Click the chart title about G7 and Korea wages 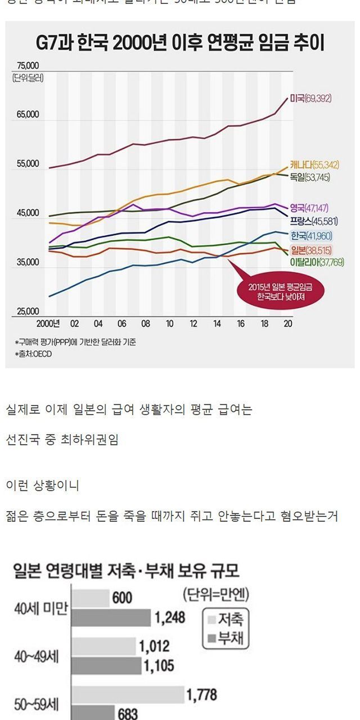coord(180,43)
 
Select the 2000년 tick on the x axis coord(48,324)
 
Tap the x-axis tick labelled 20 coord(287,324)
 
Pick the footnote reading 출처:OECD coord(33,354)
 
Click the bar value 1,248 coord(170,618)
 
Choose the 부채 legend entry coord(227,639)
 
